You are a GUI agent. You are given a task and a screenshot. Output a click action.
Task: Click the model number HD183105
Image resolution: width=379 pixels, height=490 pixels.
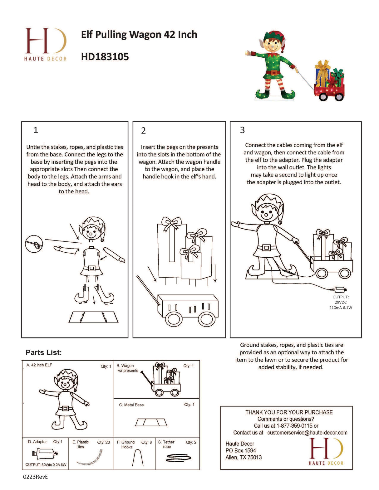click(105, 57)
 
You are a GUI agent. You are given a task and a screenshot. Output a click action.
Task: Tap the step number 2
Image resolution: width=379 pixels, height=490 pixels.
click(144, 131)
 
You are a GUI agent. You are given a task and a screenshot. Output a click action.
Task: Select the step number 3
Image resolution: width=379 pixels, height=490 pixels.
click(242, 130)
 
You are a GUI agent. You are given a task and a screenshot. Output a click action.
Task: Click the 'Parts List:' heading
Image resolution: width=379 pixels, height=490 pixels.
click(44, 352)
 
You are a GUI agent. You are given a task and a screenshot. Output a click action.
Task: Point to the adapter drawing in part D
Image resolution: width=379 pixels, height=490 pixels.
click(45, 454)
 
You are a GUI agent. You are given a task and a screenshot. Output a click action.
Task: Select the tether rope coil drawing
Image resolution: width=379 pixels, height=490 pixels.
click(179, 458)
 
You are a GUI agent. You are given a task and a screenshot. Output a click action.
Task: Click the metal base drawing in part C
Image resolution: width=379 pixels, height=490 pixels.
click(151, 422)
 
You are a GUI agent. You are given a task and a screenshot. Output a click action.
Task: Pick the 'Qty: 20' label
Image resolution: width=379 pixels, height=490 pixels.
click(104, 442)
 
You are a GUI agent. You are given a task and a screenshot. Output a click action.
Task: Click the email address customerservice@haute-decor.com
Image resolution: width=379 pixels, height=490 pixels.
click(307, 433)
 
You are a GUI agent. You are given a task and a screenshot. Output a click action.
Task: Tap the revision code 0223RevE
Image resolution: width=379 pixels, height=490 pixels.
click(35, 477)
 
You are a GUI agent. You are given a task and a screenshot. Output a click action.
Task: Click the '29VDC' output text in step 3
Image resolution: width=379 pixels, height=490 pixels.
click(341, 302)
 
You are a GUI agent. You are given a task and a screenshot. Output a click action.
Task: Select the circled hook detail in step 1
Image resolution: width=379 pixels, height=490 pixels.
click(34, 244)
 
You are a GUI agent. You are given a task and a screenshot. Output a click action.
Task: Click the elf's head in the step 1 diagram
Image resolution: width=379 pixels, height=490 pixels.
click(92, 229)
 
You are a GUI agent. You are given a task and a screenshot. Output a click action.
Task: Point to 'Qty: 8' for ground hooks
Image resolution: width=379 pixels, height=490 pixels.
click(147, 442)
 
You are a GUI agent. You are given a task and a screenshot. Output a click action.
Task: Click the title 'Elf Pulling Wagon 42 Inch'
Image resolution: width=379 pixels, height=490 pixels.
click(139, 35)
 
